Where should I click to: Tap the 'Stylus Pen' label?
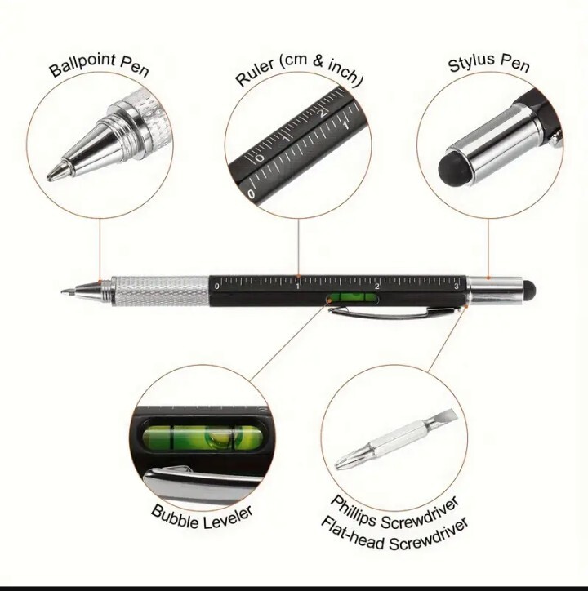(489, 63)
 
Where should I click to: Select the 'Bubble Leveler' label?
(202, 518)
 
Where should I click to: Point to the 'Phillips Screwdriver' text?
(394, 512)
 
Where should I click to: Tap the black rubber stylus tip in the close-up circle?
(454, 167)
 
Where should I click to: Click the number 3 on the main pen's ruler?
(457, 286)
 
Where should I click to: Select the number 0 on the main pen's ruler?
(217, 286)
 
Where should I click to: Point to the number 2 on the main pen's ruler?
(376, 286)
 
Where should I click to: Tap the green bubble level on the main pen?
(353, 297)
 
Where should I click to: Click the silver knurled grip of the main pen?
(160, 291)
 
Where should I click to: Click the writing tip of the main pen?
(65, 291)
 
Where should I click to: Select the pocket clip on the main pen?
(394, 312)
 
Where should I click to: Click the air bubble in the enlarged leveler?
(218, 438)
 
